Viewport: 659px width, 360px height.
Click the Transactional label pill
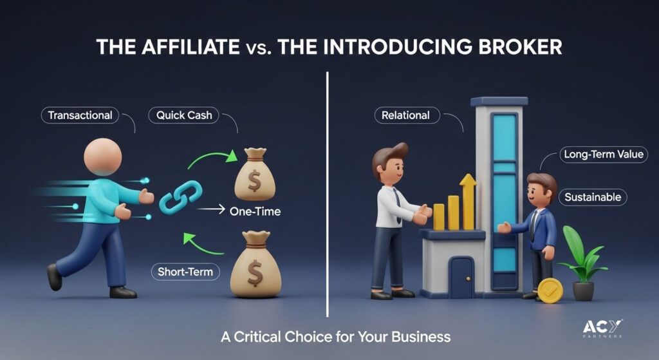[80, 115]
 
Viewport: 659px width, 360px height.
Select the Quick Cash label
[183, 115]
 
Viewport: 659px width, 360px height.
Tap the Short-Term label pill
[185, 272]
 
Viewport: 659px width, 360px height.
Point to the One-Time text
[255, 211]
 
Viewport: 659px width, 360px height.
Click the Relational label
[407, 115]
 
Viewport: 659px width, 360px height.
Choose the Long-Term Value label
[604, 155]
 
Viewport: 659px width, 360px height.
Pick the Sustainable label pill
[593, 197]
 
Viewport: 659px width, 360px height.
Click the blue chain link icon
[181, 197]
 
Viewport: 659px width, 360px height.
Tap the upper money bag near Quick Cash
[254, 174]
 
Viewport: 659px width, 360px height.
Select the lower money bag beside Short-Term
[255, 264]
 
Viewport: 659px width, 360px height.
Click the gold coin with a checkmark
[550, 290]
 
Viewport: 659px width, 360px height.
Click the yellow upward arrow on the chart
[468, 202]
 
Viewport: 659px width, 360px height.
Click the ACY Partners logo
[602, 328]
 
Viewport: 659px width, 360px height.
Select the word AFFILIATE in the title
[190, 46]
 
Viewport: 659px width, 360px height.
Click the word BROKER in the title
[520, 46]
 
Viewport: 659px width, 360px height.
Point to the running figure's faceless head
[102, 157]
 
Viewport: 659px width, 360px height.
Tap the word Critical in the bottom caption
[257, 337]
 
